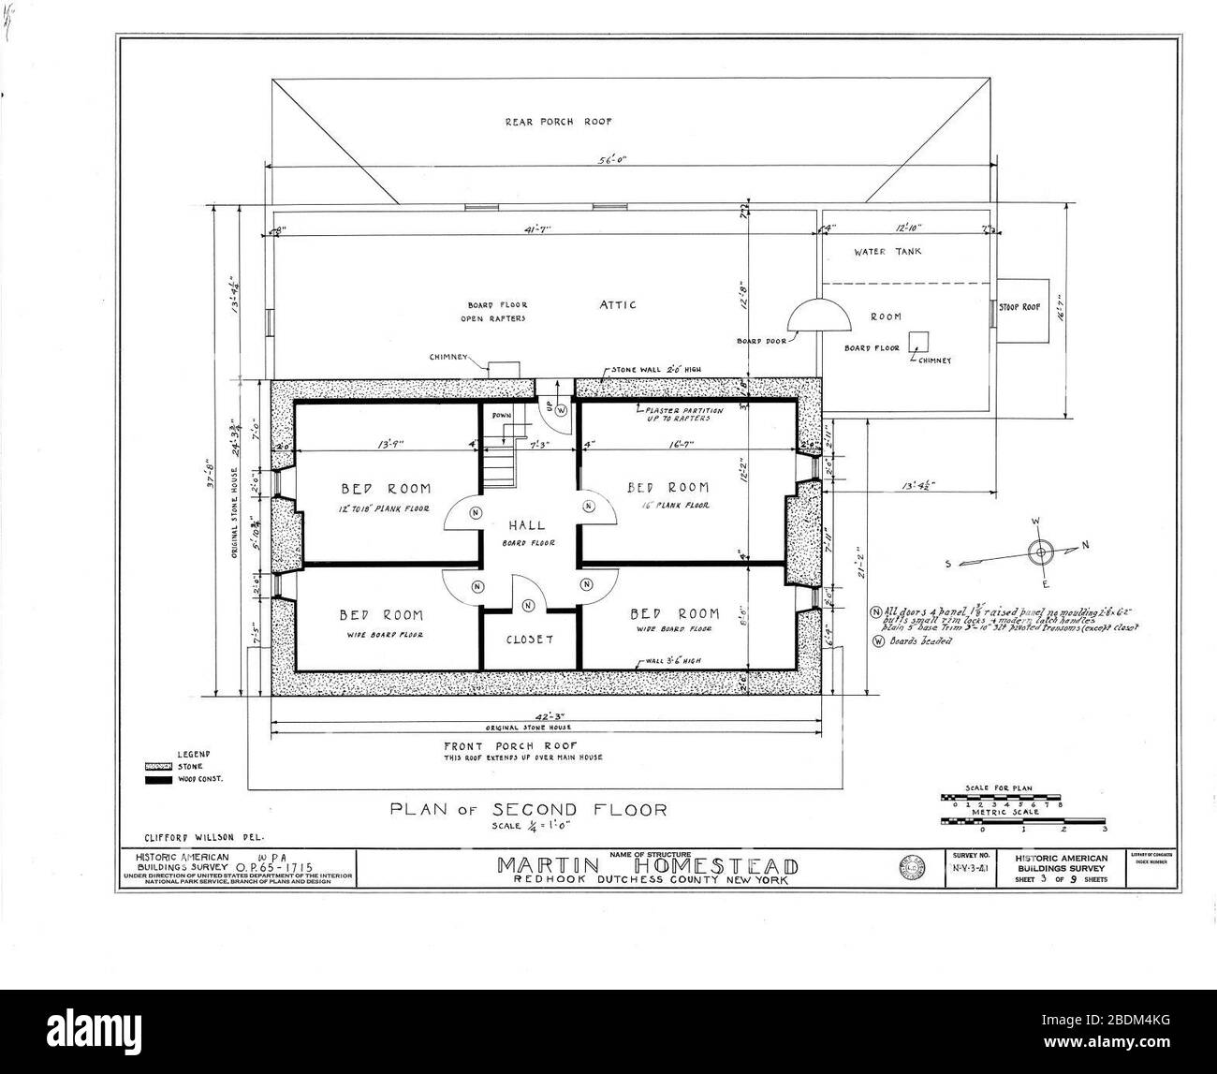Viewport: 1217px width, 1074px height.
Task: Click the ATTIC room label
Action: [618, 304]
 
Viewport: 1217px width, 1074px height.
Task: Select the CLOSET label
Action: [528, 640]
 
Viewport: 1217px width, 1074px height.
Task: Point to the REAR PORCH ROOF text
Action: [558, 121]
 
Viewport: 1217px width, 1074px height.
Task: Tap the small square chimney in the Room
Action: [921, 341]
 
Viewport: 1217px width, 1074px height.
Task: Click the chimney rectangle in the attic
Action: [506, 370]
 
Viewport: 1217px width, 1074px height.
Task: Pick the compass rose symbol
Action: [1038, 551]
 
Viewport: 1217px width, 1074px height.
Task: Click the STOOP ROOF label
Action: [1020, 306]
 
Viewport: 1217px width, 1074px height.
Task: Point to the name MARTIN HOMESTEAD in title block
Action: [648, 865]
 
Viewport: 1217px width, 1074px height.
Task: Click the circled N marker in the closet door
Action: [528, 606]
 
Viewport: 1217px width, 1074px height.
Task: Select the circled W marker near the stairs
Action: [562, 409]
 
